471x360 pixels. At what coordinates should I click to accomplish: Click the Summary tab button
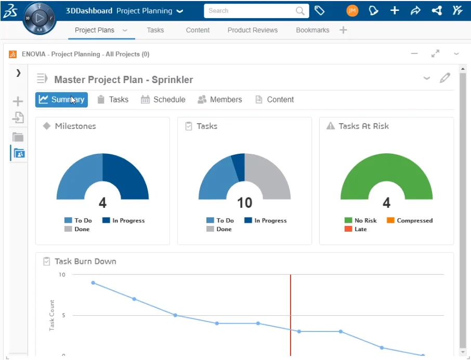click(61, 100)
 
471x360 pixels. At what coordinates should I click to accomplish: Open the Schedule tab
click(163, 100)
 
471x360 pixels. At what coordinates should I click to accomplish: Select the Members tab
click(220, 100)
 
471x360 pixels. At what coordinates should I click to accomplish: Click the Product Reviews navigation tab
click(253, 30)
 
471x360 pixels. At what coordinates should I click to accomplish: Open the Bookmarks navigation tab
click(312, 30)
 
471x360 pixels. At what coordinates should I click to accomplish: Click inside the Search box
click(250, 10)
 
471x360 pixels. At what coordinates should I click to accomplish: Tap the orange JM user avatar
click(352, 10)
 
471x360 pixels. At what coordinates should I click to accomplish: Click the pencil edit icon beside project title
click(444, 78)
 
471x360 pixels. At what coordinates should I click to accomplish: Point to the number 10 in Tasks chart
click(244, 202)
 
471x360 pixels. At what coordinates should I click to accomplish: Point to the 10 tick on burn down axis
click(62, 274)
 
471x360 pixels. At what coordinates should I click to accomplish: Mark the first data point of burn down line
click(93, 283)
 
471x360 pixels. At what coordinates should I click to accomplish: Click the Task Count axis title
click(52, 315)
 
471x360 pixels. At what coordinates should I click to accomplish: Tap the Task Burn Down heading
click(85, 261)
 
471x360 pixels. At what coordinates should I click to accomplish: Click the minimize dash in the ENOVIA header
click(414, 54)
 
